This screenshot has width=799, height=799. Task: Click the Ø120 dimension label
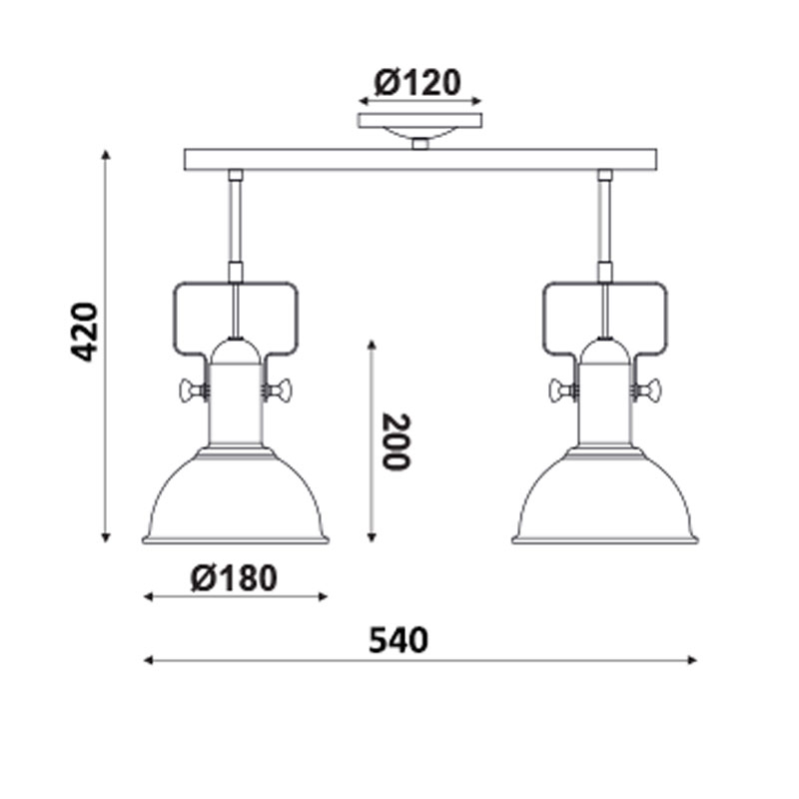tap(417, 83)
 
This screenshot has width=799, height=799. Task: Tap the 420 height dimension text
tap(84, 332)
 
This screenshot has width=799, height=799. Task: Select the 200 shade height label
tap(396, 441)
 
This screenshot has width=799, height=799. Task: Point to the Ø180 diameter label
tap(234, 578)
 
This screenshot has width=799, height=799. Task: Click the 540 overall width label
tap(399, 640)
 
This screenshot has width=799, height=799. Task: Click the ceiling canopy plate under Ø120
tap(419, 121)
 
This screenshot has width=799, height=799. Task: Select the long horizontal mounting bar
tap(420, 160)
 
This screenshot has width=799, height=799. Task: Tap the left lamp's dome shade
tap(236, 496)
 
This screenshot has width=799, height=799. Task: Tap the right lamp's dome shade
tap(605, 496)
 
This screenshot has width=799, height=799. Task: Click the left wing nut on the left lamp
tap(192, 391)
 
